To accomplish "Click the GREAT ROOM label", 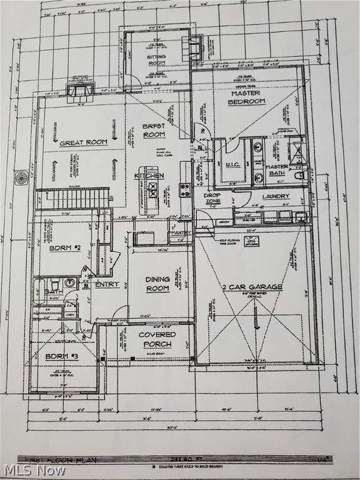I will click(83, 142).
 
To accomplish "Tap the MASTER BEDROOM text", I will click(246, 97).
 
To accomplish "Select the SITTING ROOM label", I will click(156, 59).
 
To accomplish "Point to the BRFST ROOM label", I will click(154, 130).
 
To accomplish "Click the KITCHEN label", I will click(149, 176).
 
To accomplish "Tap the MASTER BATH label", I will click(276, 171).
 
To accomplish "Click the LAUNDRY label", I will click(276, 196).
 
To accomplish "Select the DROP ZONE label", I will click(211, 198).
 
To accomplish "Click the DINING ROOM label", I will click(157, 284).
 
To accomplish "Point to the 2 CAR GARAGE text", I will click(252, 287).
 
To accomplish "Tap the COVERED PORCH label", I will click(157, 339).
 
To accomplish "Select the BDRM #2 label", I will click(65, 248).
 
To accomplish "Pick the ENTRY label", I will click(107, 284).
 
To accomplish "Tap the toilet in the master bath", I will click(299, 176).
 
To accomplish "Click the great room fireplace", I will click(80, 92).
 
